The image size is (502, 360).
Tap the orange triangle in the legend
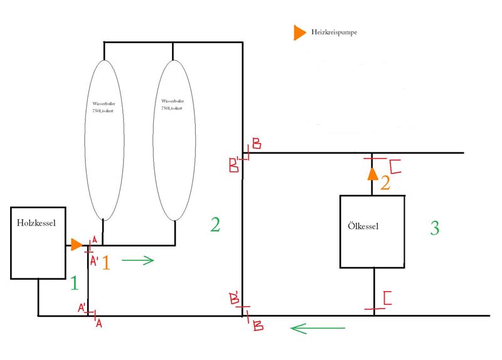pyautogui.click(x=300, y=34)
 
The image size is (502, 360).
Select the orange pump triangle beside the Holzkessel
pyautogui.click(x=76, y=245)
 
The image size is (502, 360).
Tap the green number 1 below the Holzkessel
pyautogui.click(x=75, y=284)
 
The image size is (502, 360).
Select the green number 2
pyautogui.click(x=215, y=225)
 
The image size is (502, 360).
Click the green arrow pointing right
pyautogui.click(x=137, y=260)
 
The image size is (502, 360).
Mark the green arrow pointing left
pyautogui.click(x=318, y=328)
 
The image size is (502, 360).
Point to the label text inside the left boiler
pyautogui.click(x=104, y=105)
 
